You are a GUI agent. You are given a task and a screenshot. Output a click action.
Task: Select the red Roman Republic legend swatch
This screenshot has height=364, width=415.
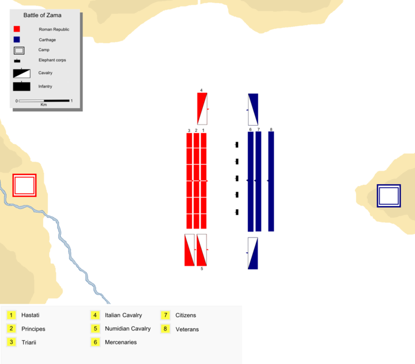(x=17, y=29)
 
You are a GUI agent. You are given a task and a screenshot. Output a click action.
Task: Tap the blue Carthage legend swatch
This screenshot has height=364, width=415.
(x=17, y=39)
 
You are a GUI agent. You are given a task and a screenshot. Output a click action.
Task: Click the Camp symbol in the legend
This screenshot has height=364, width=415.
(x=19, y=50)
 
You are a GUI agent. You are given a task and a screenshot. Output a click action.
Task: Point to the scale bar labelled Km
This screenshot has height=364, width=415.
(x=44, y=100)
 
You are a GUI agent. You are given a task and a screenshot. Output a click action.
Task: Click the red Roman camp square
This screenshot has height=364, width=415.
(x=24, y=185)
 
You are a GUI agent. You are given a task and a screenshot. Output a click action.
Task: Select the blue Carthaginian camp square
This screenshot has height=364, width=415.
(x=388, y=196)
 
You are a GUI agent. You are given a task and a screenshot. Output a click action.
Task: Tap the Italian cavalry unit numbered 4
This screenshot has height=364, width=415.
(x=202, y=109)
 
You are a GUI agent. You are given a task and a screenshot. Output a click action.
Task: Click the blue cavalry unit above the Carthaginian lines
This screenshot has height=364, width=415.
(x=253, y=109)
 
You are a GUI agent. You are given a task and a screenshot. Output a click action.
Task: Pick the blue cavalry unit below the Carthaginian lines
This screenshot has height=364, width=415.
(x=253, y=253)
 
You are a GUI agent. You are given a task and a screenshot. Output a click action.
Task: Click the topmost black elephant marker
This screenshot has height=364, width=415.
(x=236, y=145)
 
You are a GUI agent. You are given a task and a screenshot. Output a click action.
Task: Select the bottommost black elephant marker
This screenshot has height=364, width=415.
(x=236, y=212)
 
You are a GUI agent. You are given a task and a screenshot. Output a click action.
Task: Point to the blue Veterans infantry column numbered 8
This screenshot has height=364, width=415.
(x=271, y=181)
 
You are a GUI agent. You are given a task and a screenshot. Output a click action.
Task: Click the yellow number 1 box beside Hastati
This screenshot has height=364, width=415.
(x=11, y=315)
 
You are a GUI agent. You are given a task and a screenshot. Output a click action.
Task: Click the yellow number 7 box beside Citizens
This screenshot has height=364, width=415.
(x=165, y=315)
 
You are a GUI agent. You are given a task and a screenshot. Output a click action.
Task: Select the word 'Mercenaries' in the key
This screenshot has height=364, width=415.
(x=120, y=343)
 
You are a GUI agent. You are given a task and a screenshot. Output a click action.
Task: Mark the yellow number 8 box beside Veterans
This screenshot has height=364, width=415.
(x=165, y=329)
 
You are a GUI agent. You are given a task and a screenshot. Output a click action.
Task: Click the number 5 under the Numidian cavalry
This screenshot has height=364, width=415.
(x=202, y=269)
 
